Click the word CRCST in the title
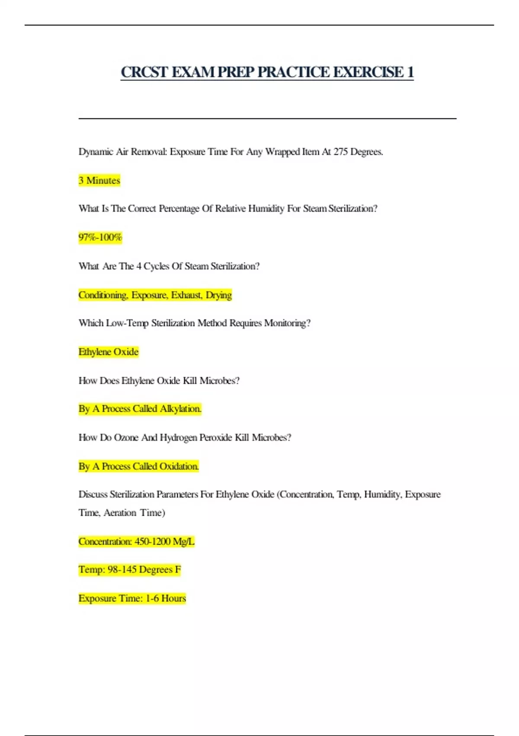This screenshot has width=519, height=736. coord(144,72)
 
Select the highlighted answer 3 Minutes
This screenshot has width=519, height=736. coord(99,180)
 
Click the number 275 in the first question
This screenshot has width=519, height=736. coord(340,152)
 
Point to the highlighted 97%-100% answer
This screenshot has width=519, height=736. coord(100,237)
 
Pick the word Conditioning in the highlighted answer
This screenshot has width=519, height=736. coord(103,295)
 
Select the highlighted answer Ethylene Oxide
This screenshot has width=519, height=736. coord(109,352)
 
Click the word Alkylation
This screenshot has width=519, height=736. coord(180,409)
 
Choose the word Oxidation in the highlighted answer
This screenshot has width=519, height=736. coord(179,466)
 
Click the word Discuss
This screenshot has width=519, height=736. coord(93,494)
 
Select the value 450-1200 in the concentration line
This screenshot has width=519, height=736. coord(152,541)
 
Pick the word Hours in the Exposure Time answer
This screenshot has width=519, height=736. coord(173,598)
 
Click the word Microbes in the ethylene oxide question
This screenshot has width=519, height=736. coord(219,381)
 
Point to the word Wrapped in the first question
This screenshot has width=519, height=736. coord(282,152)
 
